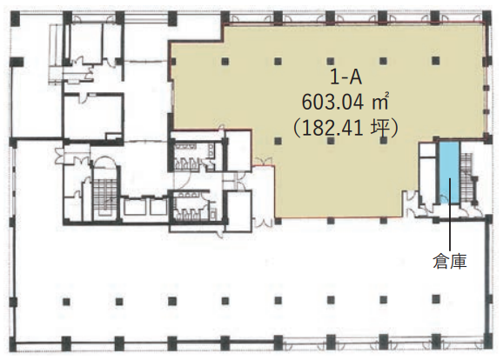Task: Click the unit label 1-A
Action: [345, 77]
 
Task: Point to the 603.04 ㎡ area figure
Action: [345, 103]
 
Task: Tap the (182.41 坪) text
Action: [345, 128]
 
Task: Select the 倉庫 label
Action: [450, 261]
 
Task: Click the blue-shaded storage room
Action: [449, 172]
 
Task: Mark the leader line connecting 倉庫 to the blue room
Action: [450, 214]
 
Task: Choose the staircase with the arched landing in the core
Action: [104, 190]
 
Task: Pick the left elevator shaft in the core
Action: [135, 207]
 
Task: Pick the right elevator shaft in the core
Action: [159, 207]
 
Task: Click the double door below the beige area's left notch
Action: [264, 162]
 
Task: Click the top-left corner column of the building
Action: [16, 17]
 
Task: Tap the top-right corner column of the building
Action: [486, 17]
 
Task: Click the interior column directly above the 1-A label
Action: [331, 61]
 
